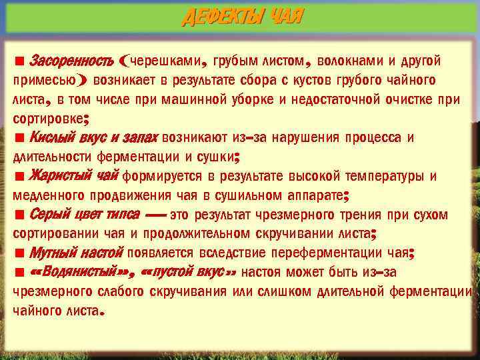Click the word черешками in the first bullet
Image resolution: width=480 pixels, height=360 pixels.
[167, 62]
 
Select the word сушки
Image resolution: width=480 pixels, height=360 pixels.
[217, 157]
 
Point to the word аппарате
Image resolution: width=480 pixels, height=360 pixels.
[317, 196]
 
